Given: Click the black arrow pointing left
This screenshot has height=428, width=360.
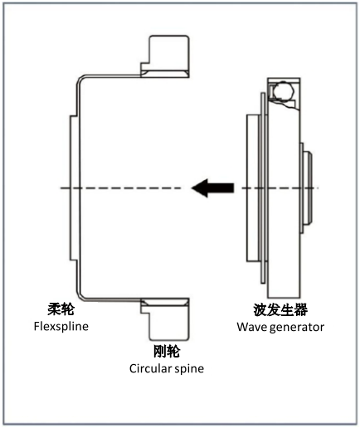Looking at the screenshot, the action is point(213,188).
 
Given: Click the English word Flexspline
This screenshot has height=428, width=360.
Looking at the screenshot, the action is point(61,326).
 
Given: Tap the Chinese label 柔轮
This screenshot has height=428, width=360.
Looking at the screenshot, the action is point(61,309).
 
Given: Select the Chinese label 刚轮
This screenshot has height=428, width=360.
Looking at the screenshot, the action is point(167,352).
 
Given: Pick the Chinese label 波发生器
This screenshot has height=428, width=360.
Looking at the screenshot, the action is point(280,309).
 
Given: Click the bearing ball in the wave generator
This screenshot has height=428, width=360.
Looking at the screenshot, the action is point(284,90).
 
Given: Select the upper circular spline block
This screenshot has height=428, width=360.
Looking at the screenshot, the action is point(165,56).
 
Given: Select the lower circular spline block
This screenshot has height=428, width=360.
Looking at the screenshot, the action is point(165,319).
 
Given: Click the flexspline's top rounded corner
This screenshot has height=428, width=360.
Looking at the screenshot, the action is point(80,79).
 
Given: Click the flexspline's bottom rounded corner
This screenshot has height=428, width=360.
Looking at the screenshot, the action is point(80,297).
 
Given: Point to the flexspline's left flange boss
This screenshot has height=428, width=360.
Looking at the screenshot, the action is point(73,188).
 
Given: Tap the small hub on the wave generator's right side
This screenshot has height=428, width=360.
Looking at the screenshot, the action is point(308,188).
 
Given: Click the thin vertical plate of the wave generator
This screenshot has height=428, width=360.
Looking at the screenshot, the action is point(263,188).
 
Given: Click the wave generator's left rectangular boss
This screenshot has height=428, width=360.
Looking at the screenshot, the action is point(254,188).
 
